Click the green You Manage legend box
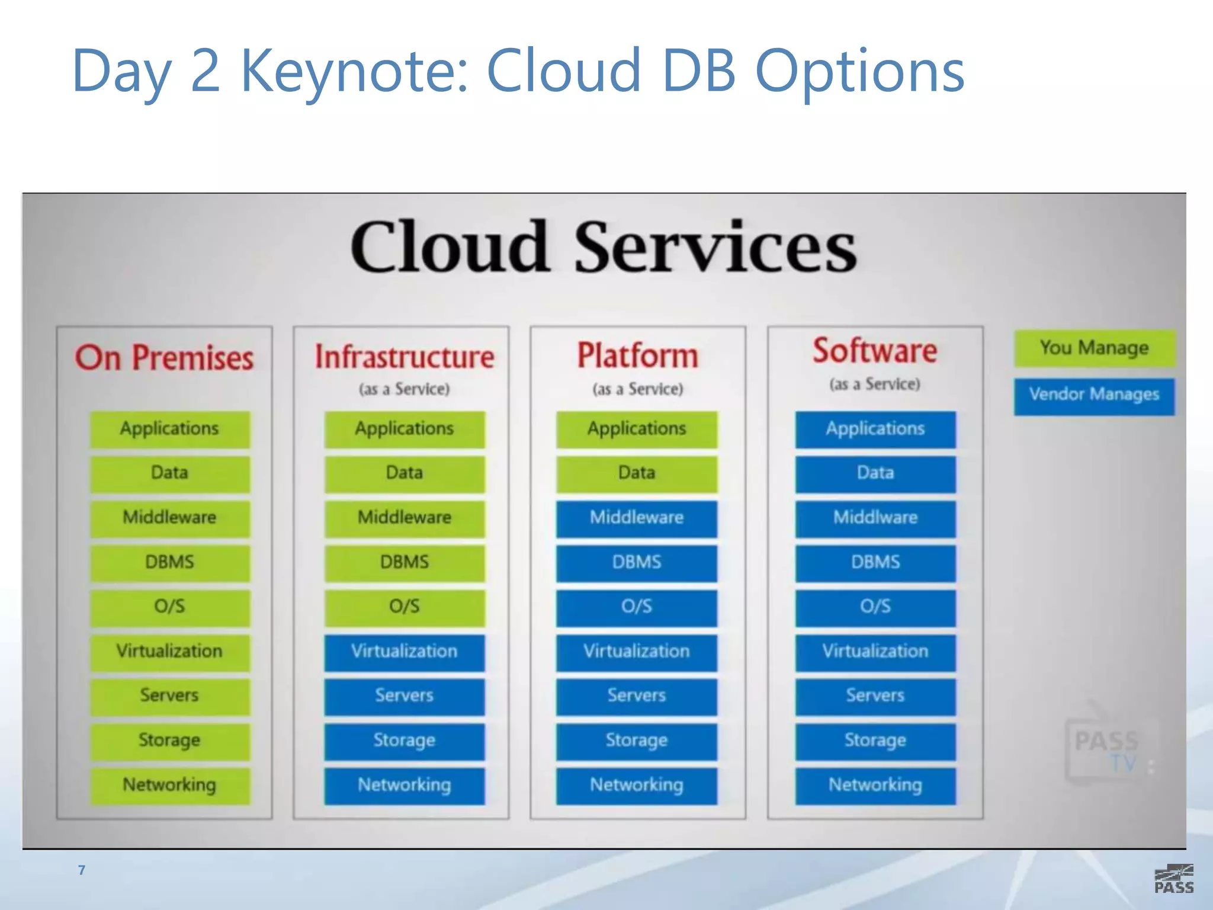[1094, 348]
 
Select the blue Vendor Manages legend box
[1094, 396]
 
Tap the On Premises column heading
[164, 358]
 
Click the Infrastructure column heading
[404, 357]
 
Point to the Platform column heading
[637, 355]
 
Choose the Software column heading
[875, 351]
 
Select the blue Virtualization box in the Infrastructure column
[404, 652]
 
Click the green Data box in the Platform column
[637, 473]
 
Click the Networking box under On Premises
[169, 786]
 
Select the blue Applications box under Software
[875, 429]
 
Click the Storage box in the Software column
[875, 741]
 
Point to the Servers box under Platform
[637, 696]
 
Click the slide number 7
[82, 870]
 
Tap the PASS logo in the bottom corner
[1173, 879]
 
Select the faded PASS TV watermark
[1106, 750]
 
